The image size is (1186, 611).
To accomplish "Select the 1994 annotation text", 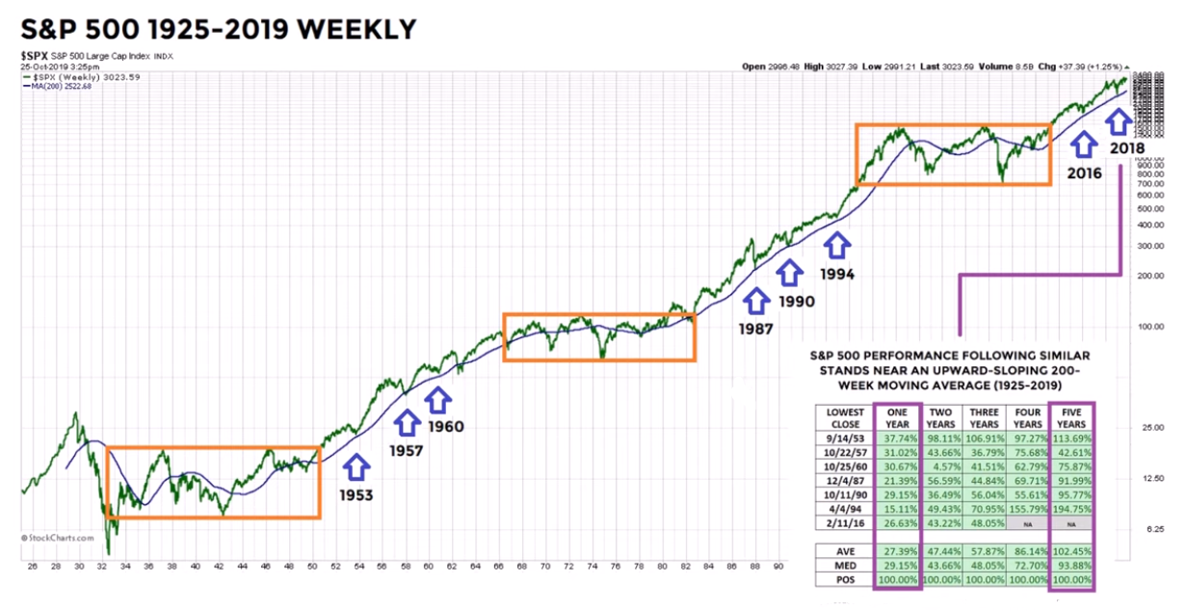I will click(836, 275).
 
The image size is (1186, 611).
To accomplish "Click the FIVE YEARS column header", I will click(1070, 416).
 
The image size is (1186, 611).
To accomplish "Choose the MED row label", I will click(843, 566).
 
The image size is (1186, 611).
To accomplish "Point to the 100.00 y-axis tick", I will click(1145, 327).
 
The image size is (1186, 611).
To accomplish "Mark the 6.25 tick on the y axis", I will click(1144, 529).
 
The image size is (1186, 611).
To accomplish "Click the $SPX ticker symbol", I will click(36, 57).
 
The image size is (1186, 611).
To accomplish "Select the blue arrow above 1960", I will click(439, 398).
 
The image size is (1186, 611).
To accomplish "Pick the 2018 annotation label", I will click(1124, 148).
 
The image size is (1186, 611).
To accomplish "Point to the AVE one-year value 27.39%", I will click(898, 549).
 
